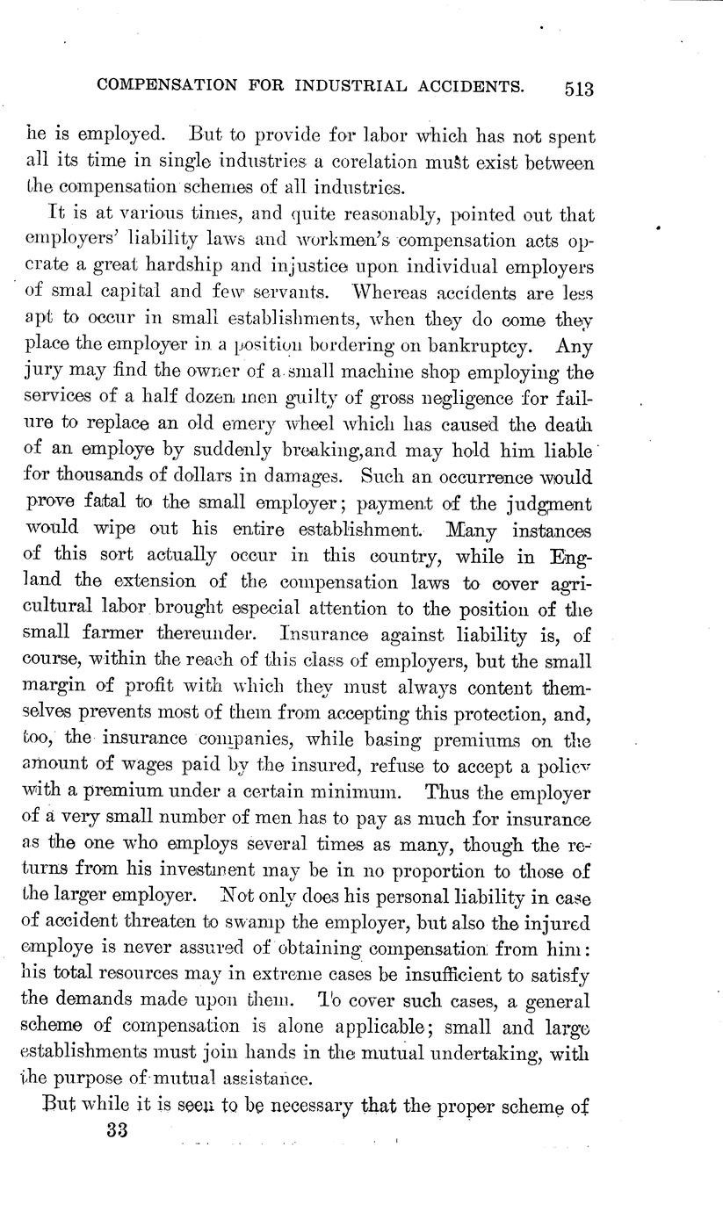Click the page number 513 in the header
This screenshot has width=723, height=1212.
click(575, 88)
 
